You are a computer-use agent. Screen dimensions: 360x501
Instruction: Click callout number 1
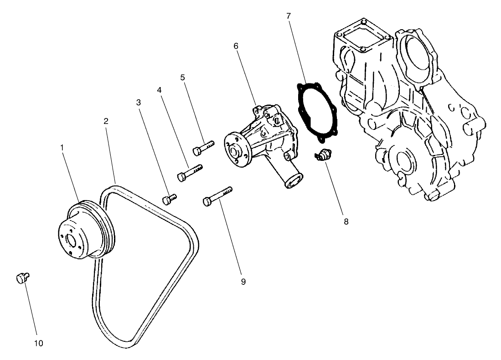(62, 148)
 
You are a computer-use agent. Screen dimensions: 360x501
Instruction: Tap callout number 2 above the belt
(106, 121)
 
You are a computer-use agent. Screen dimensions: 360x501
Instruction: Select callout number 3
(139, 103)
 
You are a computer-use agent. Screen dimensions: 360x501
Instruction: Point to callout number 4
(160, 90)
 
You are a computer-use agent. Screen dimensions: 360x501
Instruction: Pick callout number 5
(182, 77)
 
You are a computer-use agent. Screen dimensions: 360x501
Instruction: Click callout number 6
(236, 46)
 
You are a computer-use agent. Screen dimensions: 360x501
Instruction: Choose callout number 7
(289, 16)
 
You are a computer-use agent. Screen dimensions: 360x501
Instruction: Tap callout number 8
(346, 222)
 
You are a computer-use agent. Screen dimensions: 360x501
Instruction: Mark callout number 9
(243, 282)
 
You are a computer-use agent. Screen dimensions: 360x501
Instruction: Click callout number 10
(39, 343)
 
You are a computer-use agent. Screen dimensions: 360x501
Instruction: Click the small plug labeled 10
(21, 278)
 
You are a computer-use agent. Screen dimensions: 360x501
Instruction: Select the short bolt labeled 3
(169, 199)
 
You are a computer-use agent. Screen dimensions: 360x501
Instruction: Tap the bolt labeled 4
(189, 173)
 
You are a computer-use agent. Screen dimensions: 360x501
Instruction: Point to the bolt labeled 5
(203, 148)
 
